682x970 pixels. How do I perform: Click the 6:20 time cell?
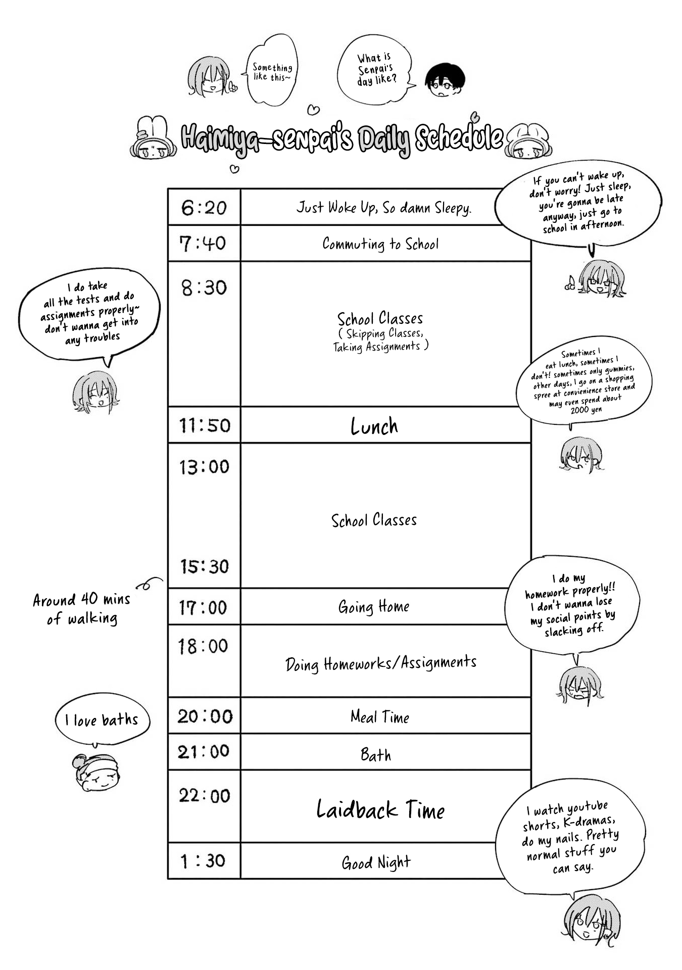coord(204,208)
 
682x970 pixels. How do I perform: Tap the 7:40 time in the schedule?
coord(203,244)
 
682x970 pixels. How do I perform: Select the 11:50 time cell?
coord(205,425)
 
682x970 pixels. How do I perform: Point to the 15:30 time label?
coord(205,566)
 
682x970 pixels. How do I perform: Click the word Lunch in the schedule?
coord(374,426)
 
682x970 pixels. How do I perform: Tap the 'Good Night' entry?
coord(376,862)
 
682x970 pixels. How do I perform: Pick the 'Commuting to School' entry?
coord(380,244)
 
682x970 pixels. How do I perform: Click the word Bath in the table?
coord(376,754)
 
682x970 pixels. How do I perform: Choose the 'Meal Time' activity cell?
coord(380,716)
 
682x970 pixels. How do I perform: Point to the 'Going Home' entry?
coord(374,606)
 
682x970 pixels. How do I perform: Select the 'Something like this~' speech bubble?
coord(272,70)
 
